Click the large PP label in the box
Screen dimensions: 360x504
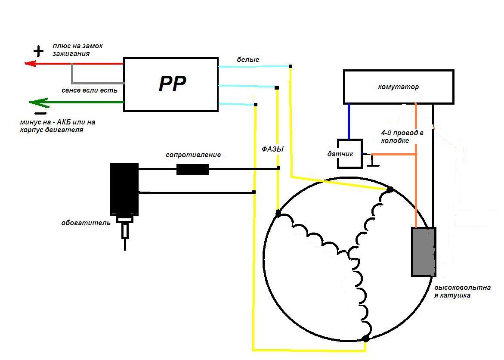click(x=172, y=84)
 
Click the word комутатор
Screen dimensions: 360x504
click(x=399, y=87)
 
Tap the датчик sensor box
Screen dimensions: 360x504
click(x=349, y=154)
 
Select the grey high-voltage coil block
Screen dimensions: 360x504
click(x=424, y=252)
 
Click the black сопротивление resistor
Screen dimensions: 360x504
click(x=193, y=169)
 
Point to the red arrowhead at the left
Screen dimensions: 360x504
click(x=30, y=64)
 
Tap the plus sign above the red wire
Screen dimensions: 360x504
click(x=39, y=52)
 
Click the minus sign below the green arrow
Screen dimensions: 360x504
click(x=40, y=114)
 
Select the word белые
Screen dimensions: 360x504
click(x=248, y=59)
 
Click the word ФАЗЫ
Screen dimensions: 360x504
click(x=273, y=149)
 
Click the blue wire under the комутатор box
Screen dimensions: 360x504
click(x=349, y=121)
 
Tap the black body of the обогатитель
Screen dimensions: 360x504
click(x=124, y=189)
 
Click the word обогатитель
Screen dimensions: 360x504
click(x=86, y=223)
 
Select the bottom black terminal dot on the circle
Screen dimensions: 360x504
click(x=366, y=339)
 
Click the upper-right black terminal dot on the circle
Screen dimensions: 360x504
click(x=390, y=189)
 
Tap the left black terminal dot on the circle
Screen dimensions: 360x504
click(x=278, y=213)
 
